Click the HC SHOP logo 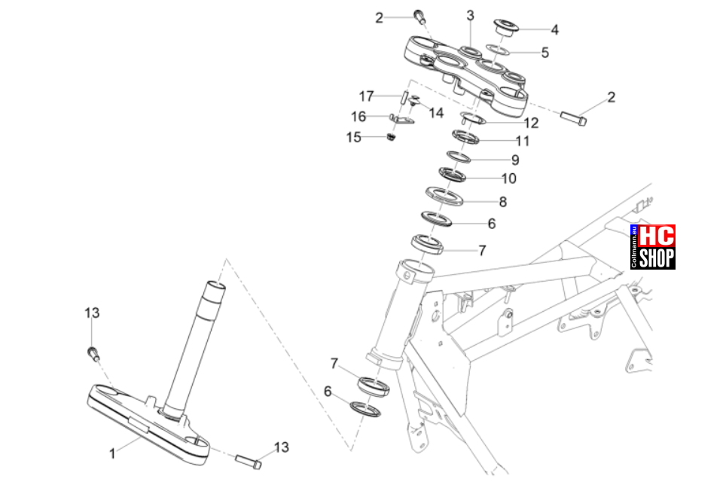click(653, 247)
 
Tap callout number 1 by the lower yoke click(112, 453)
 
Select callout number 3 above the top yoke click(471, 16)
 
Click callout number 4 click(555, 30)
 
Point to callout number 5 click(545, 53)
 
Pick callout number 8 click(503, 202)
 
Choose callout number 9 click(515, 160)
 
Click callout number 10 click(509, 178)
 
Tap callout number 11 click(523, 141)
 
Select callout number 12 click(532, 123)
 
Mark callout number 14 click(436, 113)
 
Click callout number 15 click(354, 137)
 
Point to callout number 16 click(358, 116)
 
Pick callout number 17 click(367, 96)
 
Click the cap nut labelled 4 click(505, 26)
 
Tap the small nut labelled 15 click(392, 137)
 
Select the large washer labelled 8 click(444, 197)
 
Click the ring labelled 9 click(459, 157)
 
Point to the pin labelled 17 click(404, 98)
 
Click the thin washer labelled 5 click(497, 49)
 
